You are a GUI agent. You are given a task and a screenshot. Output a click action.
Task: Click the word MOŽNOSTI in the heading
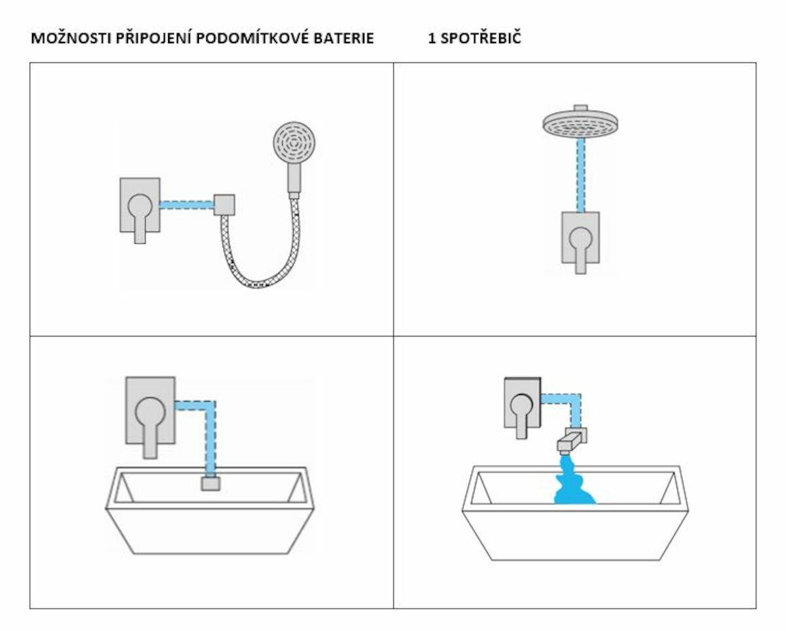click(71, 38)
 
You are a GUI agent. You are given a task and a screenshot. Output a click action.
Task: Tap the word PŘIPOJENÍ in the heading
click(154, 38)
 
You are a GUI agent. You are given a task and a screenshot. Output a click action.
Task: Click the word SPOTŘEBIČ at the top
click(481, 38)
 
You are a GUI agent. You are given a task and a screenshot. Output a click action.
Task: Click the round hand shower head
click(294, 143)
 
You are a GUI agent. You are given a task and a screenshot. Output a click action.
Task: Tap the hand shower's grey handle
click(294, 178)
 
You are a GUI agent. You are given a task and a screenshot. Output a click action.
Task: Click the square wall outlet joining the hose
click(224, 205)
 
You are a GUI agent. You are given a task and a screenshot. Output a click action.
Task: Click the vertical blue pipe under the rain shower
click(580, 175)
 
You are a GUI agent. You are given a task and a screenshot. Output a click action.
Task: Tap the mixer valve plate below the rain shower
click(580, 238)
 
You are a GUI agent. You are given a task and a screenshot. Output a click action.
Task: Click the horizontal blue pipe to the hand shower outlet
click(187, 205)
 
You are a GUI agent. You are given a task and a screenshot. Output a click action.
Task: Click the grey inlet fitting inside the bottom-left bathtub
click(211, 484)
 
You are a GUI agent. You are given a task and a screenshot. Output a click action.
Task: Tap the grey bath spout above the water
click(571, 441)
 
